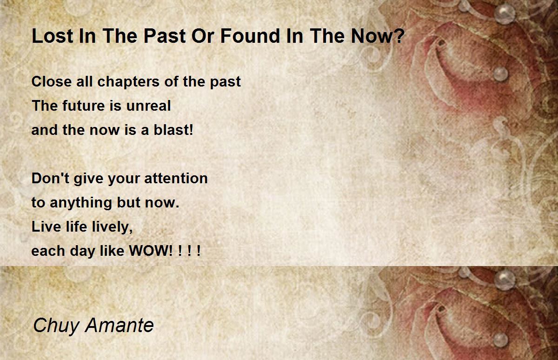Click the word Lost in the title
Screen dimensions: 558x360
[53, 36]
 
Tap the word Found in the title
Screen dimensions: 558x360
[250, 36]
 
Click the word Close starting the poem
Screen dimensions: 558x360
[52, 81]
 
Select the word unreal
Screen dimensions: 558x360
[148, 106]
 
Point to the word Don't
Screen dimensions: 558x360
[50, 178]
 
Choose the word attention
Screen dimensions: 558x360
[176, 178]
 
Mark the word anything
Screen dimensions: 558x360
[81, 202]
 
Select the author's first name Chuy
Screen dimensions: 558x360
[56, 326]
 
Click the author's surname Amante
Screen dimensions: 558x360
[120, 325]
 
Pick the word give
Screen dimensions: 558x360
[88, 179]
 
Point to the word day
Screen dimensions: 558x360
[82, 251]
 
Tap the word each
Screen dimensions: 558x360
[48, 251]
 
